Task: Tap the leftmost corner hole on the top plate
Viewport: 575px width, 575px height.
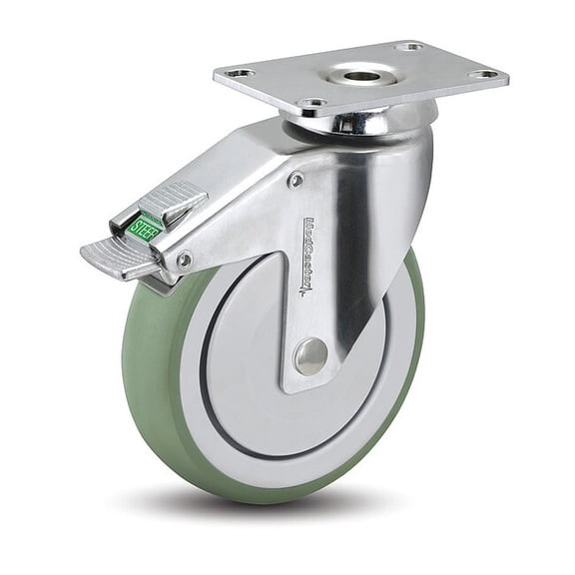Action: [x=239, y=73]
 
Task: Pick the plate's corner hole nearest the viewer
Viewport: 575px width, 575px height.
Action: [x=312, y=103]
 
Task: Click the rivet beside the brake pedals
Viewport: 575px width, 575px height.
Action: [x=184, y=260]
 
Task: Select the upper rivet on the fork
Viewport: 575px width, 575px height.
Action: [x=295, y=180]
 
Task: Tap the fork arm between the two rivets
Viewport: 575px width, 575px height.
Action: [x=240, y=220]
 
